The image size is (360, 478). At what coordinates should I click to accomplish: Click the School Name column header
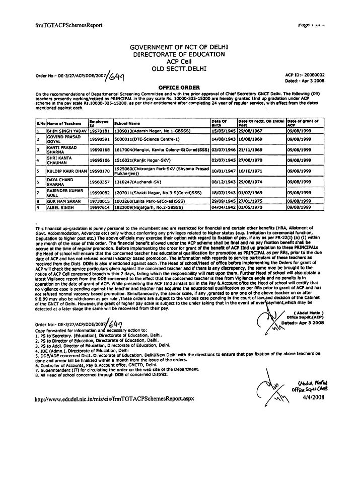(127, 122)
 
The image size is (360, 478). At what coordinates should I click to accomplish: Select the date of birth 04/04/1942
(224, 206)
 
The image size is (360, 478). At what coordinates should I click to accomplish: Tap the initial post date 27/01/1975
(250, 201)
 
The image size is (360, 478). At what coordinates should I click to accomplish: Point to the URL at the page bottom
(107, 398)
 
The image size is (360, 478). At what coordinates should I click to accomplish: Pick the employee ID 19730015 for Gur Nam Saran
(99, 201)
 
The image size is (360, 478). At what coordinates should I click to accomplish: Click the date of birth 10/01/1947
(224, 171)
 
